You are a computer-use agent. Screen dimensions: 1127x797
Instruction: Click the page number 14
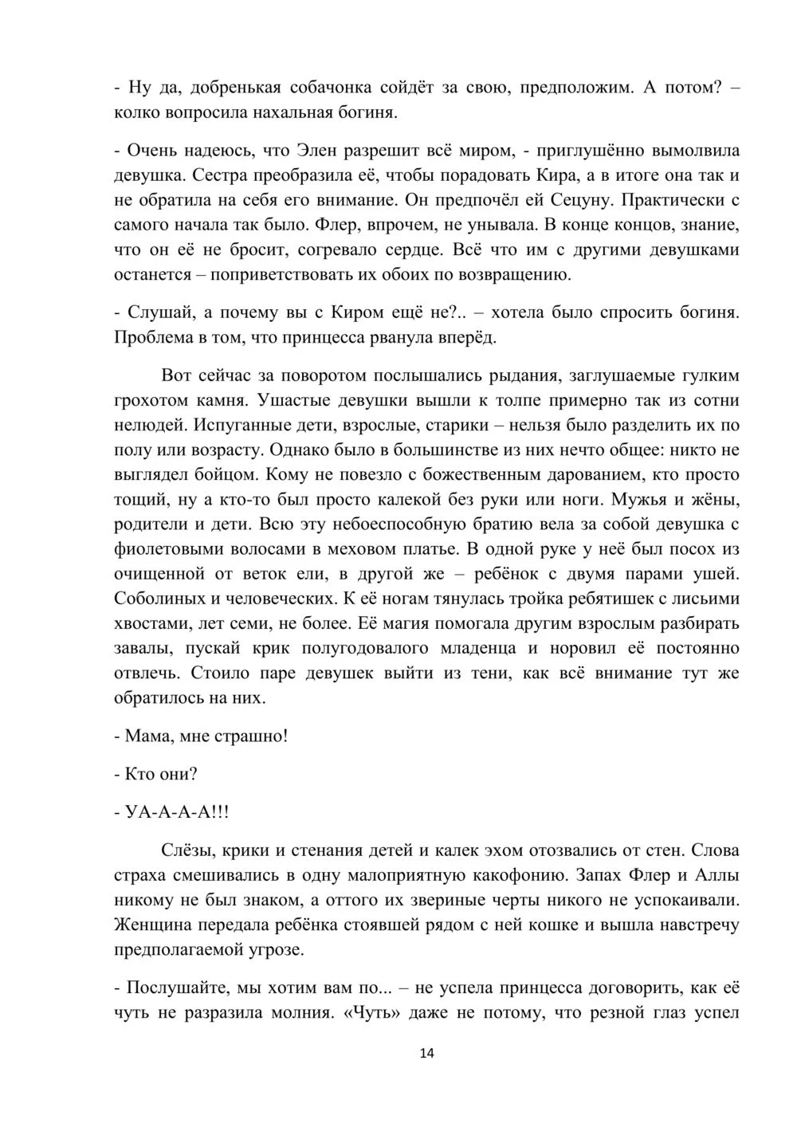coord(426,1054)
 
